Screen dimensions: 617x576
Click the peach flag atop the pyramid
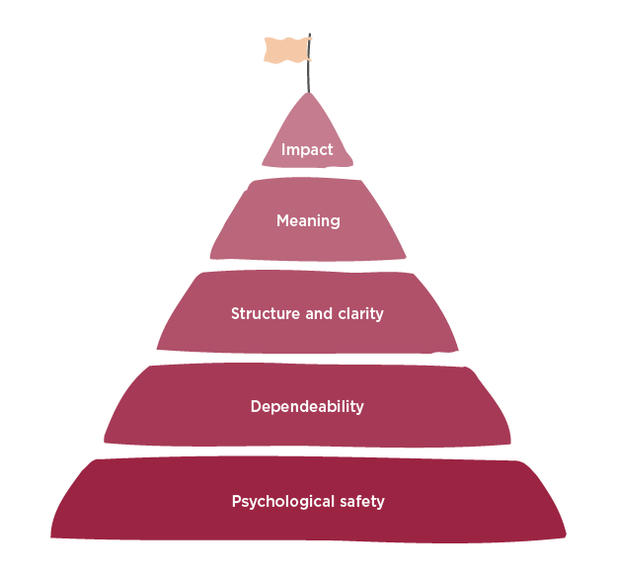(x=287, y=50)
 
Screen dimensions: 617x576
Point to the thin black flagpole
(x=309, y=63)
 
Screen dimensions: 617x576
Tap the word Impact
(x=307, y=149)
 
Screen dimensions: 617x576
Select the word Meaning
(x=308, y=221)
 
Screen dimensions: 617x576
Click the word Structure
(x=266, y=313)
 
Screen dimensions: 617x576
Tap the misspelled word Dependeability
(x=307, y=407)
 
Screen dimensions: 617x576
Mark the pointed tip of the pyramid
(x=308, y=93)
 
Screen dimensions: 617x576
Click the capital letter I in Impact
(x=283, y=149)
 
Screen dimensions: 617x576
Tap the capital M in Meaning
(x=282, y=220)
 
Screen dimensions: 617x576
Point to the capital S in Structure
(x=235, y=313)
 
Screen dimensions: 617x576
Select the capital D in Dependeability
(x=256, y=406)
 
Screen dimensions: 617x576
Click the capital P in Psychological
(x=237, y=501)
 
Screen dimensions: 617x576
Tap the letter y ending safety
(x=380, y=504)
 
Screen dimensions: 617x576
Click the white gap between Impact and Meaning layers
(x=307, y=172)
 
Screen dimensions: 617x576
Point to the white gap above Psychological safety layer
(x=307, y=452)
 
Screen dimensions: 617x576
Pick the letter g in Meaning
(x=336, y=223)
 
